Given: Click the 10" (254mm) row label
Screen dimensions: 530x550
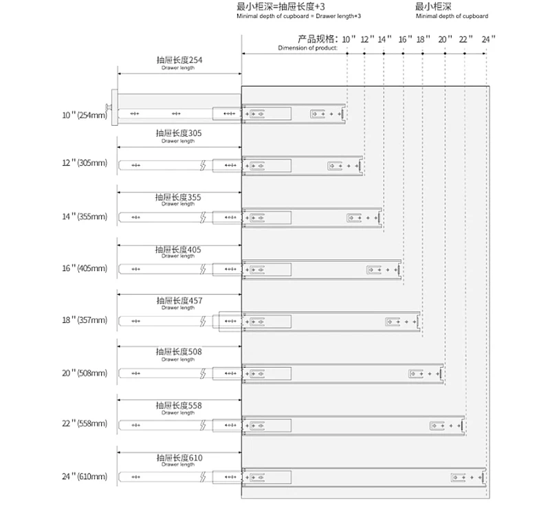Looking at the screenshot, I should tap(85, 115).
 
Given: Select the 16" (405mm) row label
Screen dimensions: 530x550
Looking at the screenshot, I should tap(85, 268).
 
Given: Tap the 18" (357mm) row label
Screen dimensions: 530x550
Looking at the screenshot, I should tap(85, 320).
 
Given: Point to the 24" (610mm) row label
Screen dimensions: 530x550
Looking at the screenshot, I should tap(85, 476).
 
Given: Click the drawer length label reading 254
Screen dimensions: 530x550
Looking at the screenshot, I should tap(179, 60).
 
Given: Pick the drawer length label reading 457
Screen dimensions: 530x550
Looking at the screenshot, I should tap(179, 300).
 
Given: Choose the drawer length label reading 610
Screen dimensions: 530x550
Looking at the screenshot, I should tap(179, 457).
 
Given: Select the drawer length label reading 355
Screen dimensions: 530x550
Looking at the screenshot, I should tap(179, 197).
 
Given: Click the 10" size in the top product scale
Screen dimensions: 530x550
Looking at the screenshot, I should tap(348, 39).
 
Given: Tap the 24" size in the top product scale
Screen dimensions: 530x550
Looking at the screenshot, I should tap(488, 39).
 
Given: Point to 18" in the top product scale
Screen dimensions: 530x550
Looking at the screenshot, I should tap(423, 39).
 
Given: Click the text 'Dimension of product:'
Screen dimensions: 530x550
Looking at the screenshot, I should tap(307, 48).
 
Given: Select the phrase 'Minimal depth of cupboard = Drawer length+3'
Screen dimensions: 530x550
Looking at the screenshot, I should tap(298, 15).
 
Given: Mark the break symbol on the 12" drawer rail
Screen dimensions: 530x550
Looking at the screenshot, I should tap(203, 165).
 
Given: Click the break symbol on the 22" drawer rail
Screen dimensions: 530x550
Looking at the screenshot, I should tap(203, 426).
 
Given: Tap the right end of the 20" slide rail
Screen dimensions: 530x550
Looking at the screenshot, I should tap(441, 373).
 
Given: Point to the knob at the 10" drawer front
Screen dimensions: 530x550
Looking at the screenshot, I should tap(109, 107).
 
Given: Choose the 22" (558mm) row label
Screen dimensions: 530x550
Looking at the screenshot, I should tap(85, 424).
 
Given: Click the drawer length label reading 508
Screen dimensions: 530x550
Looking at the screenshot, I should tap(179, 352).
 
